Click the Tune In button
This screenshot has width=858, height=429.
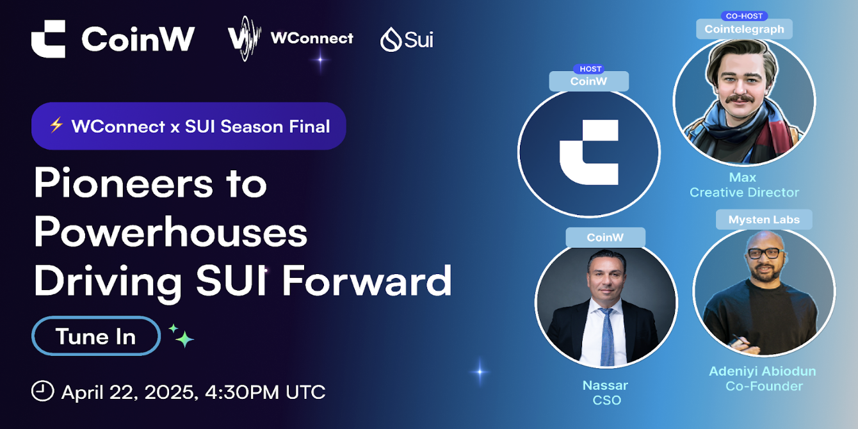click(96, 336)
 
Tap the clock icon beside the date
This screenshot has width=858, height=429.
click(42, 391)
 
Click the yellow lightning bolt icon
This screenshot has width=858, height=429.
click(56, 125)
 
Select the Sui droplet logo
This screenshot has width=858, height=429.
click(391, 39)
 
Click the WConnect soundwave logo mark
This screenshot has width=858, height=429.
click(245, 38)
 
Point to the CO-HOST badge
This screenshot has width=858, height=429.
click(744, 16)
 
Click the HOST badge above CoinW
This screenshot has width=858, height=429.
click(590, 69)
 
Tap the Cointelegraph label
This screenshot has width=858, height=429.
click(744, 29)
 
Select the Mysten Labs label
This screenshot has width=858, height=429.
click(764, 220)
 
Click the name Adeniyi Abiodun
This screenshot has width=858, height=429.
click(762, 371)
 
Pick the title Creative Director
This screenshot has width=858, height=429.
click(744, 192)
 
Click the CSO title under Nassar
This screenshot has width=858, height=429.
click(607, 400)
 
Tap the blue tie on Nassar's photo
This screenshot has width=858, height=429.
click(606, 336)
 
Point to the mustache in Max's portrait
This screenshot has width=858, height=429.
click(740, 99)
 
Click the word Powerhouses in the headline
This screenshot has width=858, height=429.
click(171, 232)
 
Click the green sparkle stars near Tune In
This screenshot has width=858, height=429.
click(182, 336)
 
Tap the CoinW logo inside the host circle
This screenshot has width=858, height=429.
click(589, 152)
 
